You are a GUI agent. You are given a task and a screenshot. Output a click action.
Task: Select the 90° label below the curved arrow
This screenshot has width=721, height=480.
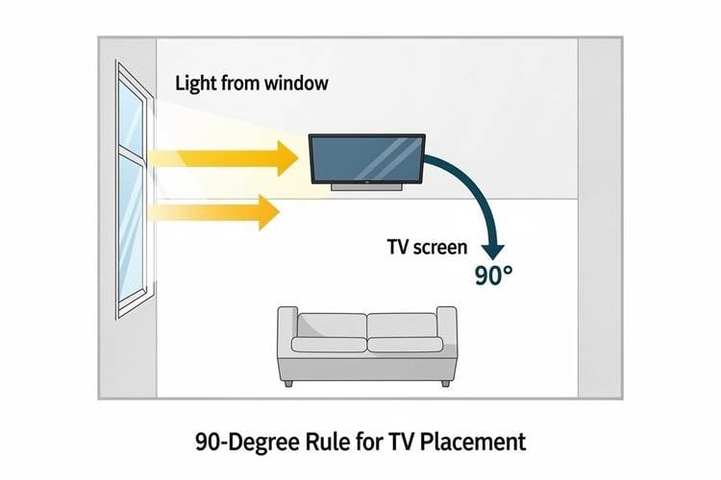click(493, 276)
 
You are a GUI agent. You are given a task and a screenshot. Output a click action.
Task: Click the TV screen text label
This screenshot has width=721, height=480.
click(427, 247)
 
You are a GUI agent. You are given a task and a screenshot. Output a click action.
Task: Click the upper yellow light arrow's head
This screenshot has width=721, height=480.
click(287, 158)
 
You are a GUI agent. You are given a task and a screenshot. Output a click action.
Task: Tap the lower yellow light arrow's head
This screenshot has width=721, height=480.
click(269, 212)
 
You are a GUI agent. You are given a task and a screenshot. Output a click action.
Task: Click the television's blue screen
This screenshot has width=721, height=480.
click(366, 158)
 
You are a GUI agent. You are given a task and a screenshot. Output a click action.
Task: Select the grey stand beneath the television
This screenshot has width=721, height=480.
click(367, 187)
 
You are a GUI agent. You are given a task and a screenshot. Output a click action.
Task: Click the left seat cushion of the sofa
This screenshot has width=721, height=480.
click(330, 345)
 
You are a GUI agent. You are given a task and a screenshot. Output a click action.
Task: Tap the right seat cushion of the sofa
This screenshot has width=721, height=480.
click(405, 345)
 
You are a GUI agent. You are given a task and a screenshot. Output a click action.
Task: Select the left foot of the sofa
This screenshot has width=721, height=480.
click(288, 384)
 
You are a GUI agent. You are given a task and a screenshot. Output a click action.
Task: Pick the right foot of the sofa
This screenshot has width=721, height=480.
click(445, 383)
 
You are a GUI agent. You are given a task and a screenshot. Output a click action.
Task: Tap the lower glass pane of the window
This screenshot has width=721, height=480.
click(131, 228)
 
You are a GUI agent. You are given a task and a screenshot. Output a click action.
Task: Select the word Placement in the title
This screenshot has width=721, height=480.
click(473, 442)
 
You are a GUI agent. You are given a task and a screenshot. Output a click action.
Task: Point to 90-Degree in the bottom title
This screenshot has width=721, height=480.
click(247, 443)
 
